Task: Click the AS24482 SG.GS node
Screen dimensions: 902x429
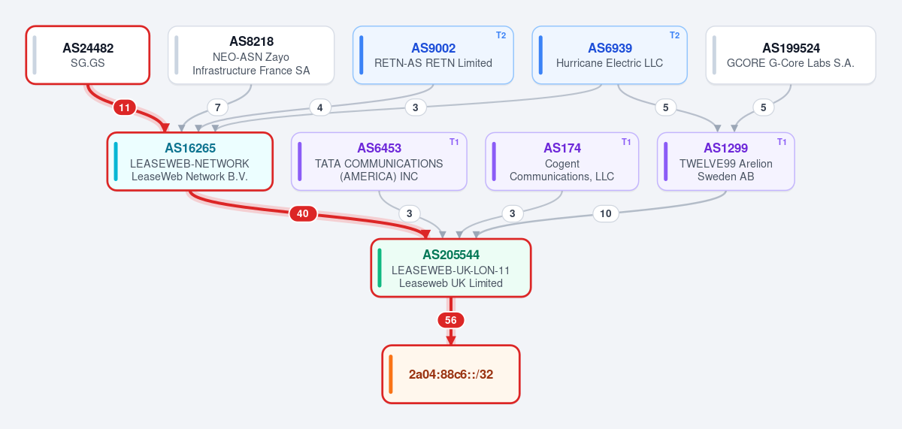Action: click(x=88, y=55)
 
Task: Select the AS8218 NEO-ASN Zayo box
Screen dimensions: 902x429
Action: click(x=251, y=55)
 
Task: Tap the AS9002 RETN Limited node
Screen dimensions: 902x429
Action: click(x=433, y=55)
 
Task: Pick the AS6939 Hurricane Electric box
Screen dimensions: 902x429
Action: click(x=610, y=55)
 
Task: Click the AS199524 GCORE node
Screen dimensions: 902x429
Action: click(x=791, y=55)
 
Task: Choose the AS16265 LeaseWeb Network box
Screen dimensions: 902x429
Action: click(x=189, y=162)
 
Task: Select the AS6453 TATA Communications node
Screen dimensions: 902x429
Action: click(x=379, y=162)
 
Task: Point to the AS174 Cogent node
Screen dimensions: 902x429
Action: click(x=561, y=162)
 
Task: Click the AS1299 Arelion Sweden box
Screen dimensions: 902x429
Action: click(x=725, y=162)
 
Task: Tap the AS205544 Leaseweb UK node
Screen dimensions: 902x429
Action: click(x=450, y=268)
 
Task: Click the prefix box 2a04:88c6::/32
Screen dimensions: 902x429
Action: click(x=450, y=374)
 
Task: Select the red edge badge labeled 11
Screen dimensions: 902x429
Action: click(x=125, y=107)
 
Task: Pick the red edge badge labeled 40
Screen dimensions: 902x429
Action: click(x=303, y=213)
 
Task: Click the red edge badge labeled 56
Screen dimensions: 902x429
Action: click(x=450, y=320)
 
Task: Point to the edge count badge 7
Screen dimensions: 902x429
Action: click(x=217, y=107)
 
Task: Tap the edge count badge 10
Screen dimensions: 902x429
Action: click(x=606, y=213)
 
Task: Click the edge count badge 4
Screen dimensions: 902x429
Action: click(x=319, y=107)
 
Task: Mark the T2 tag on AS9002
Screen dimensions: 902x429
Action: click(x=501, y=35)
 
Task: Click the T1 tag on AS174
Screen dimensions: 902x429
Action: click(x=625, y=142)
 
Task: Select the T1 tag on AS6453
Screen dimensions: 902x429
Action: click(x=454, y=142)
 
